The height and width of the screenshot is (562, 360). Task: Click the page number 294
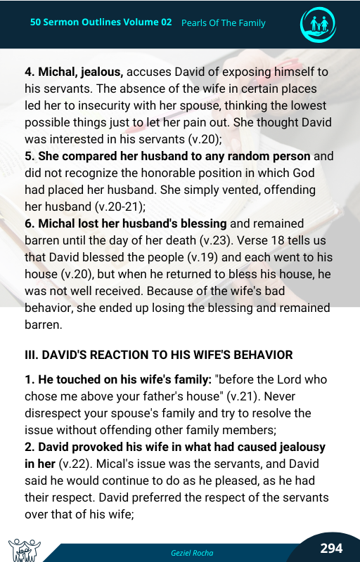coord(331,548)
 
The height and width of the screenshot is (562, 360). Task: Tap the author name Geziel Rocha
coord(192,552)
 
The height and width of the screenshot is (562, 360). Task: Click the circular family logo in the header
coord(318,24)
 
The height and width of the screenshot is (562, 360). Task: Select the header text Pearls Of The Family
coord(223,23)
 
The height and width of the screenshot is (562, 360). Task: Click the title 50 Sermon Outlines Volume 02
coord(101,22)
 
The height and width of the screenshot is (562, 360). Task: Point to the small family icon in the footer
coord(24,549)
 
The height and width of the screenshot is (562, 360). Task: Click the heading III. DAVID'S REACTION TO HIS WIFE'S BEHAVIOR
coord(158,355)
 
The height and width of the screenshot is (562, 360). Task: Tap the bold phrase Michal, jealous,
coord(74,72)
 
